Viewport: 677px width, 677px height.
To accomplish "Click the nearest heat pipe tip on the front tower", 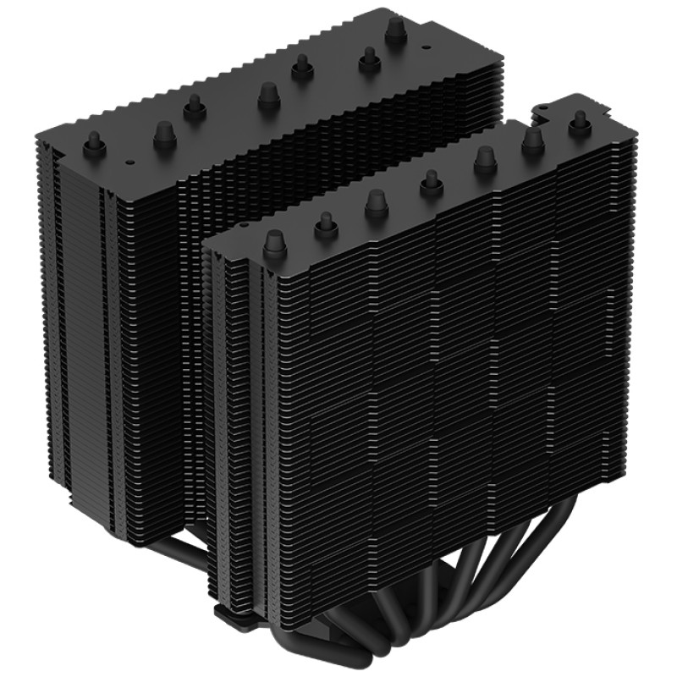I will (x=272, y=244).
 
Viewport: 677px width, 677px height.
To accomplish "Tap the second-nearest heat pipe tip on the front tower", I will (x=326, y=223).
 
